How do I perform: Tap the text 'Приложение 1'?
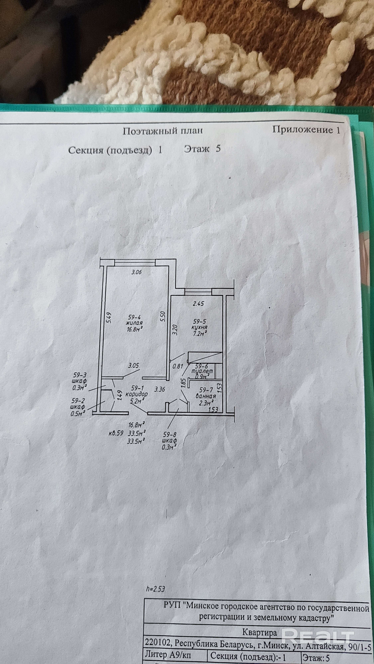[x=306, y=130]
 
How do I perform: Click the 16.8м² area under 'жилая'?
[x=134, y=329]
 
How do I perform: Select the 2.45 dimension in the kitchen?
[x=198, y=304]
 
